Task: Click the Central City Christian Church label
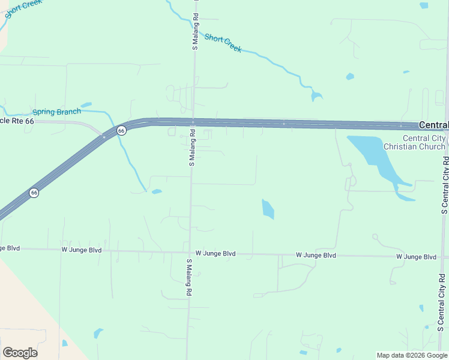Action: [415, 142]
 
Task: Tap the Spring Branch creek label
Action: [56, 112]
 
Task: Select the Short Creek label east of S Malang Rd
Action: [223, 43]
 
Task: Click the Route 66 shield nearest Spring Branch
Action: [121, 130]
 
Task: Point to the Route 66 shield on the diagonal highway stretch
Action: [34, 193]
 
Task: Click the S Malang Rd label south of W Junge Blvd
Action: [188, 277]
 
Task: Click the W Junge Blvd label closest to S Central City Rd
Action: [416, 257]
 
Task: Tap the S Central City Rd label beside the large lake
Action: [445, 186]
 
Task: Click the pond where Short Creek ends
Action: [316, 95]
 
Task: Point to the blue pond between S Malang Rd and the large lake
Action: [268, 208]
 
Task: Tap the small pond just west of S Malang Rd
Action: [157, 192]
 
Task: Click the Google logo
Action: [20, 353]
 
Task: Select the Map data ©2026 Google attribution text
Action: [412, 355]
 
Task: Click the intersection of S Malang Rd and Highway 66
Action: [193, 122]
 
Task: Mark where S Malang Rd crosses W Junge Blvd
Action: [190, 253]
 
